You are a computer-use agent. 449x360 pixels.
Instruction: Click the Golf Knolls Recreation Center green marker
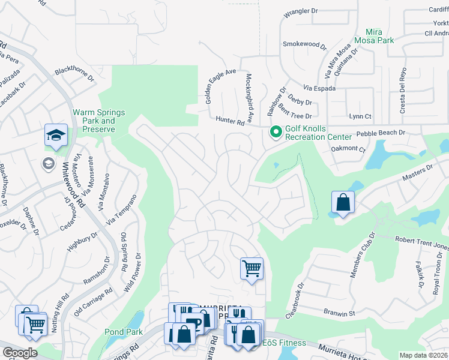pyautogui.click(x=276, y=131)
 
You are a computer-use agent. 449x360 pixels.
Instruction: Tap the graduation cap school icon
pyautogui.click(x=55, y=136)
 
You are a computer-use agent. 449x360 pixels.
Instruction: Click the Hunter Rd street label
pyautogui.click(x=231, y=122)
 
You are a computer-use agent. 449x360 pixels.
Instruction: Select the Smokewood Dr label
pyautogui.click(x=304, y=45)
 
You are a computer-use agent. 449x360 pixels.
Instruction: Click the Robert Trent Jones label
pyautogui.click(x=421, y=243)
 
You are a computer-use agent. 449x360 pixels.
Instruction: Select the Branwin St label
pyautogui.click(x=339, y=313)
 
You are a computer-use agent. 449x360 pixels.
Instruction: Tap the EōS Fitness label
pyautogui.click(x=284, y=343)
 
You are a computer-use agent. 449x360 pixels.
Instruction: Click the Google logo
pyautogui.click(x=20, y=353)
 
